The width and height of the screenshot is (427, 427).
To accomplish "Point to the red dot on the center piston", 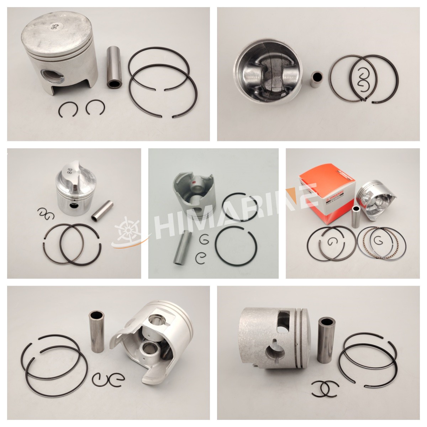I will pos(194,184).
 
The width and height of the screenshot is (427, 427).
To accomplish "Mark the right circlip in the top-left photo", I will pos(94,107).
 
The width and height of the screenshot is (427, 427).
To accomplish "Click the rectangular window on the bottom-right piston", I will pos(284,320).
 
